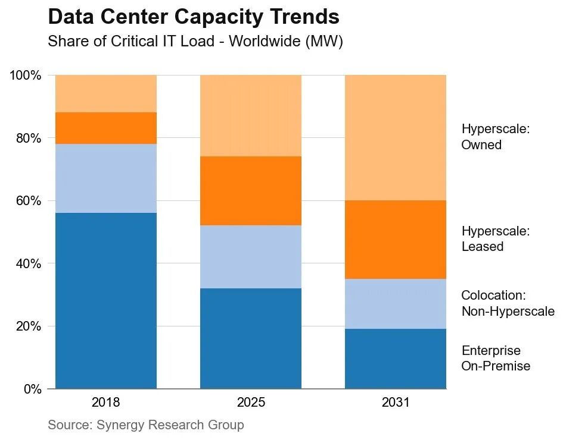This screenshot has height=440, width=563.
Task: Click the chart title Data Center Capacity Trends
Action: pyautogui.click(x=194, y=17)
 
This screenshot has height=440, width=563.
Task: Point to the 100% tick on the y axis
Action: pyautogui.click(x=25, y=76)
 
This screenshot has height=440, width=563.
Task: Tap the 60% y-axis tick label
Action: pyautogui.click(x=28, y=200)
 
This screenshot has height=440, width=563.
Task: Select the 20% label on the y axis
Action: pyautogui.click(x=28, y=326)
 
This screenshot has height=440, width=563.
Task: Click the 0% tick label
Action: pyautogui.click(x=32, y=389)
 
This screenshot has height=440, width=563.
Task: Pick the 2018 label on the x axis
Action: pyautogui.click(x=105, y=403)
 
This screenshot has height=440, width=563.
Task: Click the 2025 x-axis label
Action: pyautogui.click(x=251, y=403)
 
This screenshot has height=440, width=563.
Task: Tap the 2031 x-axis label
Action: pyautogui.click(x=396, y=403)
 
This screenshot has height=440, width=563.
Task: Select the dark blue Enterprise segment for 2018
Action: pyautogui.click(x=106, y=301)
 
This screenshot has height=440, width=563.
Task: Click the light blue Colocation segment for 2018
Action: pyautogui.click(x=106, y=178)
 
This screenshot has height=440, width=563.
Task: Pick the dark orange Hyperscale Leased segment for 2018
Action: pyautogui.click(x=106, y=128)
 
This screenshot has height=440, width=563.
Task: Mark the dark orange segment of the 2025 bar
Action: pyautogui.click(x=251, y=191)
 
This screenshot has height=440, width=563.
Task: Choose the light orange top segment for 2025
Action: pyautogui.click(x=251, y=116)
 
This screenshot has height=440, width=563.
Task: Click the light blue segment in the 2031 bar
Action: pyautogui.click(x=396, y=304)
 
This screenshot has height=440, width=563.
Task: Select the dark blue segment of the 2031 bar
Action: pyautogui.click(x=396, y=359)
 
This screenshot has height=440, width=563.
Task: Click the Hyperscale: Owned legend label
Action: pyautogui.click(x=496, y=137)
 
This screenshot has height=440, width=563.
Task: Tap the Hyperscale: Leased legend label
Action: pyautogui.click(x=496, y=238)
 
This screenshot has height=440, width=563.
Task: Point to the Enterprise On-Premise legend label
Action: pyautogui.click(x=496, y=358)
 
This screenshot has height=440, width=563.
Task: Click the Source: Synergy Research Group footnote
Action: pyautogui.click(x=146, y=425)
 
